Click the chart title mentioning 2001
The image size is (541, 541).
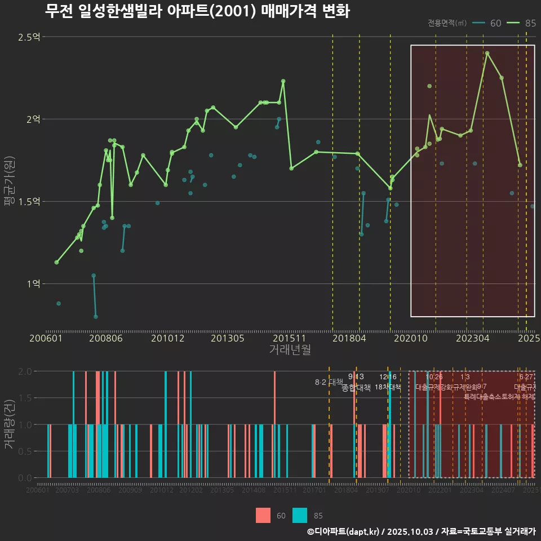click(x=197, y=11)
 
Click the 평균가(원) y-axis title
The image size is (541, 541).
click(x=9, y=181)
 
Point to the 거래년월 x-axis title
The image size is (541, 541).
click(x=290, y=349)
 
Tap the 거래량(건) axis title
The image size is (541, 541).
click(x=9, y=424)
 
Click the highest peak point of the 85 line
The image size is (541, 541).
click(x=487, y=54)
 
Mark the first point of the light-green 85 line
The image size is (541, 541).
click(x=56, y=262)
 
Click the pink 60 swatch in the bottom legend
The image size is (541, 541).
click(x=263, y=515)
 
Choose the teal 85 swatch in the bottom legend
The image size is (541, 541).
click(x=300, y=515)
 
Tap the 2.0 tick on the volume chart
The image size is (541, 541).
click(x=25, y=371)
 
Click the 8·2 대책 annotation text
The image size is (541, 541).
click(x=329, y=382)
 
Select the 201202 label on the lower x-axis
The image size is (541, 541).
click(x=191, y=491)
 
